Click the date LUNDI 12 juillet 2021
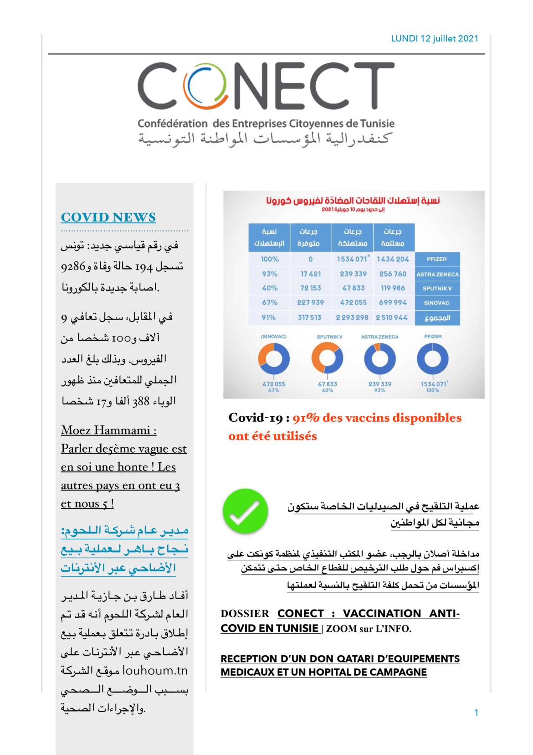[x=435, y=39]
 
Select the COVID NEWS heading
[x=108, y=217]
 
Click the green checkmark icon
[x=245, y=511]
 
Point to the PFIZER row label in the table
[x=437, y=259]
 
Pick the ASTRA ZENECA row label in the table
[x=437, y=274]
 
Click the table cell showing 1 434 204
[x=393, y=259]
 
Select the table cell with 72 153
[x=310, y=288]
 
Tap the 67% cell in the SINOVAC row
[x=270, y=303]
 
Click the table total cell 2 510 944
[x=392, y=317]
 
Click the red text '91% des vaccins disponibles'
[x=377, y=418]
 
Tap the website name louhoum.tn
[x=155, y=671]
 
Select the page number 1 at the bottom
[x=476, y=713]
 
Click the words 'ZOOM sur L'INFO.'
[x=369, y=629]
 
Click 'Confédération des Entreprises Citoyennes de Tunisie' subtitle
[x=266, y=124]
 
